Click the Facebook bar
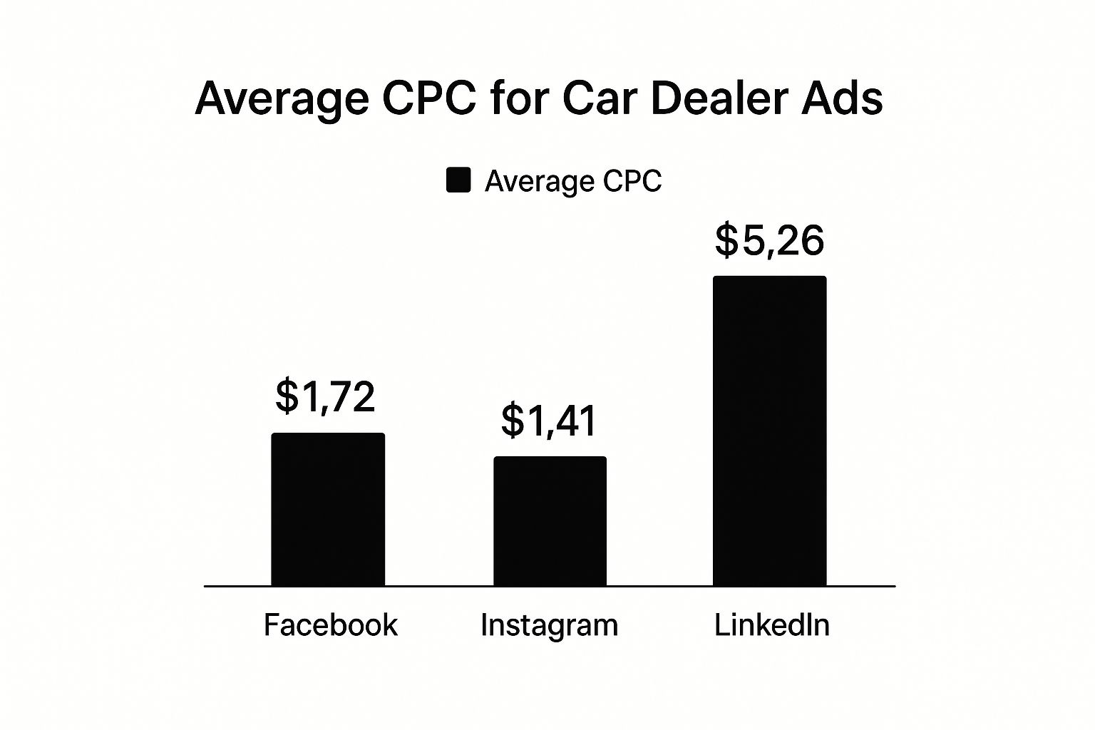(x=328, y=509)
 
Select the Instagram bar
(x=550, y=521)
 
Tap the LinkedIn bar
(x=770, y=431)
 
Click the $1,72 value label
(x=325, y=396)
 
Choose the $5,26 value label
(x=770, y=240)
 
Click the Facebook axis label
(x=331, y=625)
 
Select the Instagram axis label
(x=549, y=626)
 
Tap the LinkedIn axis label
(x=772, y=625)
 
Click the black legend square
(x=458, y=180)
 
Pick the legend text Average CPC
(x=573, y=181)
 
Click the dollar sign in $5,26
(x=726, y=240)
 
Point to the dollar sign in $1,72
(x=287, y=396)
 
